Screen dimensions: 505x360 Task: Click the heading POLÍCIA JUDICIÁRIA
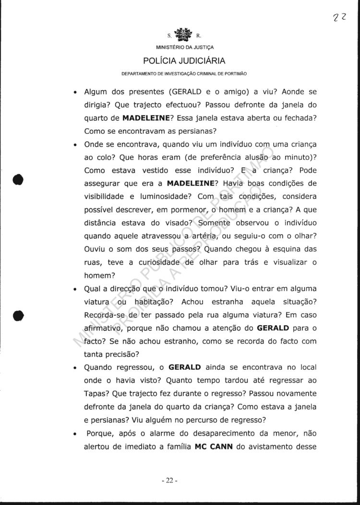pyautogui.click(x=184, y=61)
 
